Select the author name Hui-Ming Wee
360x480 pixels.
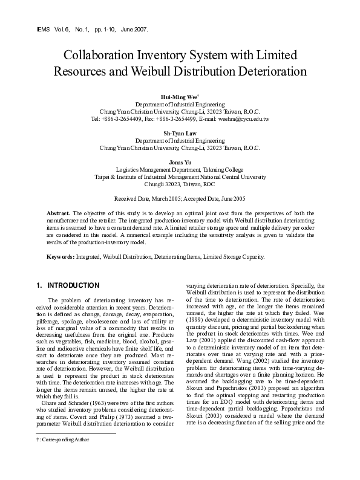[x=178, y=97]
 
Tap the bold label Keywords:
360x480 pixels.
[x=62, y=257]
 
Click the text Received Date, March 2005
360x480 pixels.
[x=148, y=198]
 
